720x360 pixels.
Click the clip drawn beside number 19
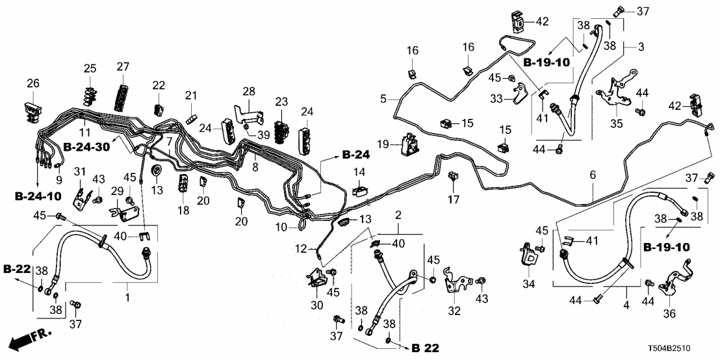click(x=409, y=144)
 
